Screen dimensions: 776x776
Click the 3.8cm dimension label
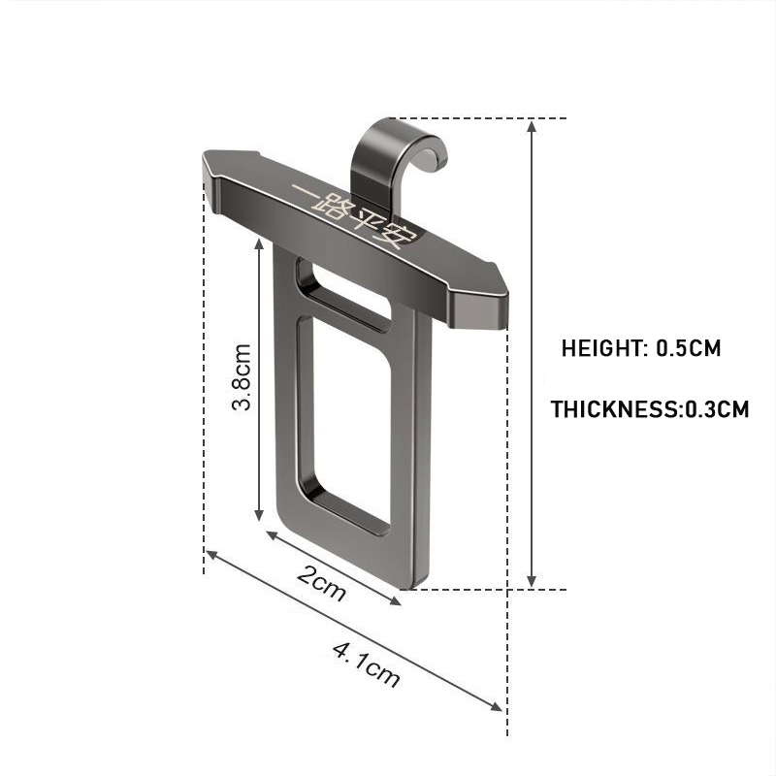coord(242,377)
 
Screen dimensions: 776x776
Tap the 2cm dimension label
coord(321,583)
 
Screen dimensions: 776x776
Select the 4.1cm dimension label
coord(366,664)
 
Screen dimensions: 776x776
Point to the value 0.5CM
coord(689,348)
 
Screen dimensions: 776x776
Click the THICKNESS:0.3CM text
coord(650,409)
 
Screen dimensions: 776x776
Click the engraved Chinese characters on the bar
coord(355,216)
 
